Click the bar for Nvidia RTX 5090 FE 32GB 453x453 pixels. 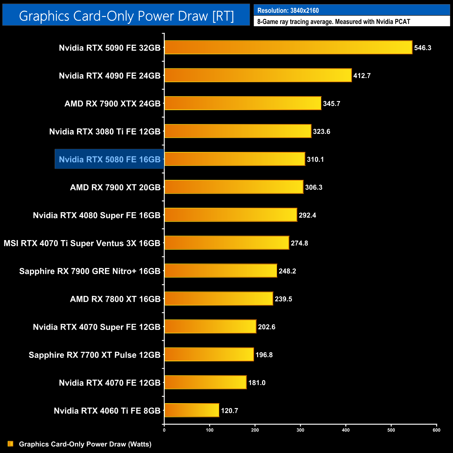coord(288,47)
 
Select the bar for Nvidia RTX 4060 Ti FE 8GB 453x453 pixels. coord(192,410)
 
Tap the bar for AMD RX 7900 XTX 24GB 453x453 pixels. coord(243,103)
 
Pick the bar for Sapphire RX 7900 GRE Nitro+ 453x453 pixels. coord(221,271)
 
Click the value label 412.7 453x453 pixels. coord(362,76)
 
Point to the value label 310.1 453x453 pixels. coord(315,159)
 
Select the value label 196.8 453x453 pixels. coord(264,355)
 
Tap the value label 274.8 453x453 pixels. coord(299,243)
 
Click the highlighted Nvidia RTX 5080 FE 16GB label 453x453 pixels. coord(109,159)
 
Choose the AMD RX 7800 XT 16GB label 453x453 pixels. coord(115,299)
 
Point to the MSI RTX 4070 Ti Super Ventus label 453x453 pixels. coord(82,243)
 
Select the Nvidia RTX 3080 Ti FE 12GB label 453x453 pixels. coord(105,131)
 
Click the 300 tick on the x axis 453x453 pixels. coord(300,430)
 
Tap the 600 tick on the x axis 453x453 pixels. coord(436,430)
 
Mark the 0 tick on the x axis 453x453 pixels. coord(164,430)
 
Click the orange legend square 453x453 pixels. coord(10,444)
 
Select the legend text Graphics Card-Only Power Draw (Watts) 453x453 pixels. coord(85,444)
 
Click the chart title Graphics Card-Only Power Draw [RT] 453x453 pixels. coord(126,16)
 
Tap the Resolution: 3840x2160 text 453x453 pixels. coord(288,10)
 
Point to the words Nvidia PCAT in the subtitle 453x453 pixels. coord(393,22)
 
